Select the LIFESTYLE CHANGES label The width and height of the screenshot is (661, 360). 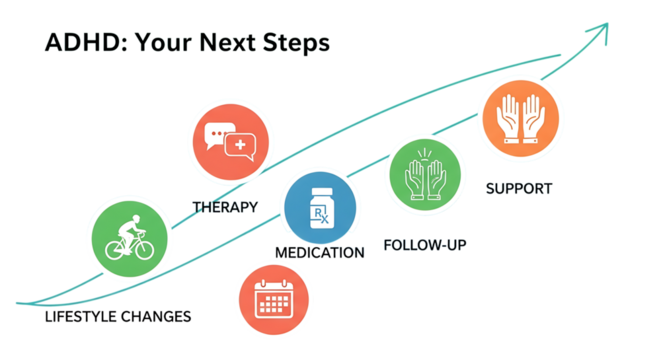tap(119, 317)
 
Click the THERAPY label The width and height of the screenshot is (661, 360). tap(225, 207)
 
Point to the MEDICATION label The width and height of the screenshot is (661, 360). tap(320, 253)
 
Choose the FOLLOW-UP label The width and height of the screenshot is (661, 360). tap(425, 244)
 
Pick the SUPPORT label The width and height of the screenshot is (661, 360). tap(518, 188)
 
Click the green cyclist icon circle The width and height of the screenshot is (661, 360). tap(127, 238)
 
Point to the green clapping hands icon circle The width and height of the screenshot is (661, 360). tap(423, 174)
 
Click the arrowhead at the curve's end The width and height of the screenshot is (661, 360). tap(601, 30)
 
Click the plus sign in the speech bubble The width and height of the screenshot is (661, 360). tap(240, 147)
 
